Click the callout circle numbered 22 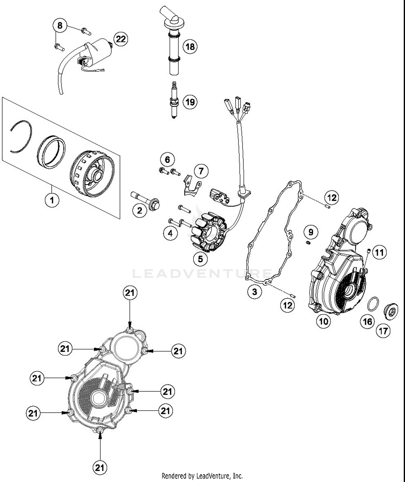121,39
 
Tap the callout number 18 190,46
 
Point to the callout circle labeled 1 52,200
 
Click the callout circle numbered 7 201,171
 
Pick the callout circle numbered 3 255,292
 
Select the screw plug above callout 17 391,311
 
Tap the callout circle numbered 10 323,321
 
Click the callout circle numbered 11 379,252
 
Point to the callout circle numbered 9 311,232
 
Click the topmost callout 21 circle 130,293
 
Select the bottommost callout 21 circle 100,467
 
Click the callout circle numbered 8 60,25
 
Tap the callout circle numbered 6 167,159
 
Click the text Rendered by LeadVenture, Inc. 202,476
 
